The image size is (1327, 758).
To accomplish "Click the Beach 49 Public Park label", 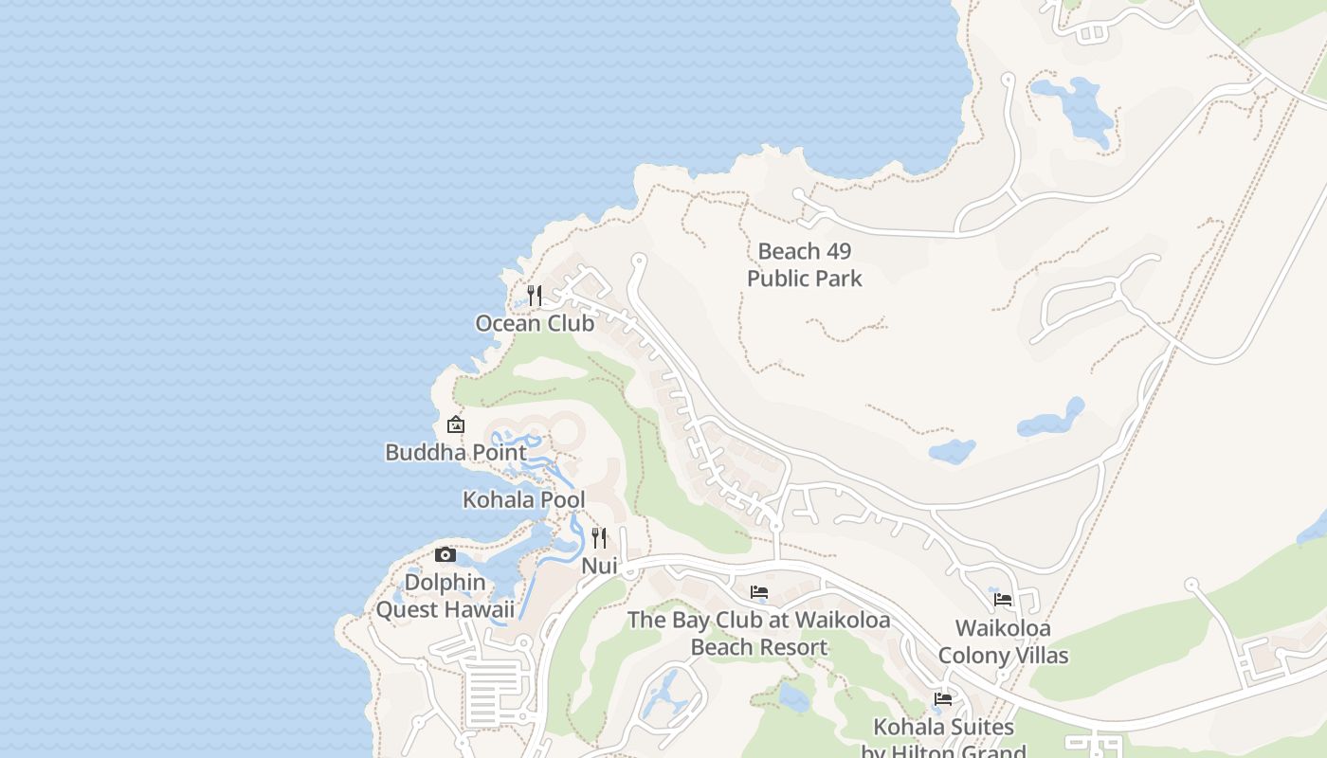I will pos(805,264).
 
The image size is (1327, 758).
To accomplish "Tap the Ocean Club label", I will pos(535,323).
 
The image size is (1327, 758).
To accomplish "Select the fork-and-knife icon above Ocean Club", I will pos(535,296).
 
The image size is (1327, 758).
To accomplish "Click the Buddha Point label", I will pos(456,452).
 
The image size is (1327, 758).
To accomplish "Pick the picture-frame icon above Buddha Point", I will pos(456,424).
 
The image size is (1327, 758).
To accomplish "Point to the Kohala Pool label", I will pos(523,499).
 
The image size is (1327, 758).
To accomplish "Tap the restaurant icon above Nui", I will pos(599,538).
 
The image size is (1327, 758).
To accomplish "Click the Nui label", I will pos(599,566).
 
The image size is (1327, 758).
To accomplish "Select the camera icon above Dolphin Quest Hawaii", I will pos(445,555).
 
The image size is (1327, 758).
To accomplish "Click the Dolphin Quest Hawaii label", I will pos(445,596).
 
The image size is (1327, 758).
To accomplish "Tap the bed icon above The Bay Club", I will pos(759,592).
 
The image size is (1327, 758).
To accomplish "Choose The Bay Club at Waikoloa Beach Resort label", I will pos(759,634).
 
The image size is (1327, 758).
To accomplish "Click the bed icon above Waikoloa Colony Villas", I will pos(1003,600).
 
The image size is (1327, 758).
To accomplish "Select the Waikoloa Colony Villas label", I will pos(1003,641).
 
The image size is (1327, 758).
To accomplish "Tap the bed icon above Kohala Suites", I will pos(943,699).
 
